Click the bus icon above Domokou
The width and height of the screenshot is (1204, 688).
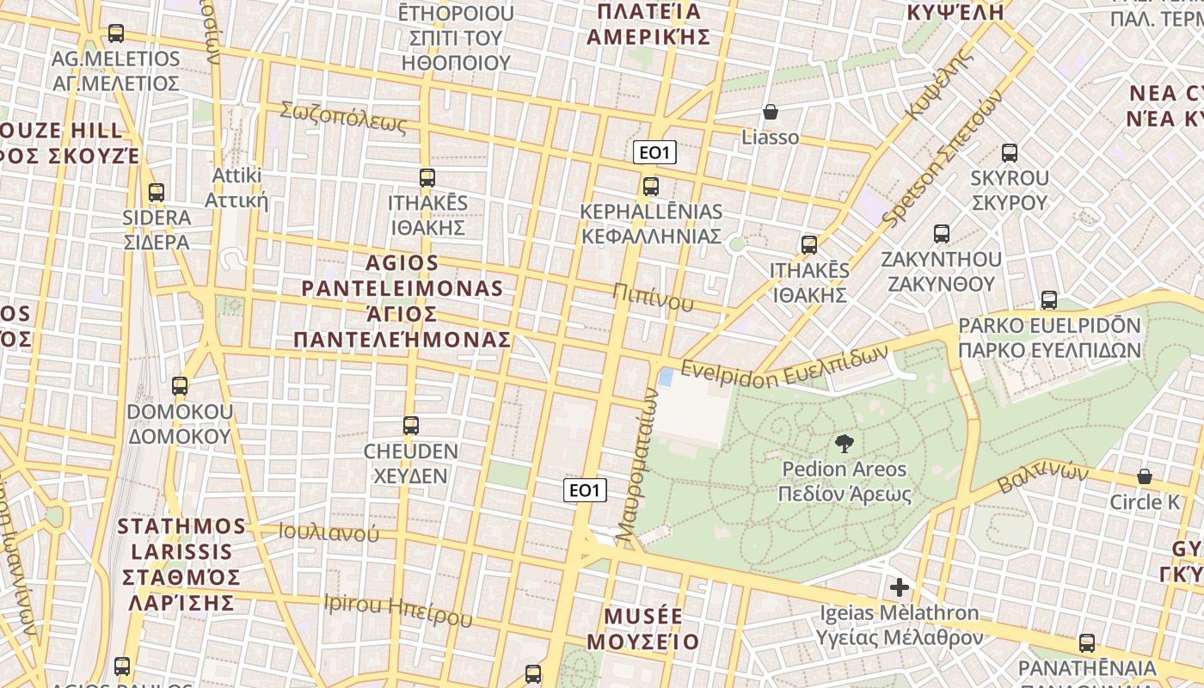(180, 386)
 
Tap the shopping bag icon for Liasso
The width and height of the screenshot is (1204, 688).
(771, 113)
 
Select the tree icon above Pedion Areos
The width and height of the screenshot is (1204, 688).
(845, 444)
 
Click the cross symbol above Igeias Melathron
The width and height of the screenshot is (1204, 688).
(900, 588)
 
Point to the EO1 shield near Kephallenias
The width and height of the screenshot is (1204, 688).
(654, 153)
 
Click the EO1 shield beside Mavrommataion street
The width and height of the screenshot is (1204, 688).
(585, 490)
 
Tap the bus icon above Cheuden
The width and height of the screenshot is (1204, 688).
(411, 426)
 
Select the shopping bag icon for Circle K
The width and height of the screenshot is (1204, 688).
(1145, 476)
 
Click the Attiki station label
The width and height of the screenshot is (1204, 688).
(236, 188)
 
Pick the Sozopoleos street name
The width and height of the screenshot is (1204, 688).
(343, 117)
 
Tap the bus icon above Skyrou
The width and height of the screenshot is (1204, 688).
(1010, 154)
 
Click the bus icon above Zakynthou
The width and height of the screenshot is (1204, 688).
(942, 234)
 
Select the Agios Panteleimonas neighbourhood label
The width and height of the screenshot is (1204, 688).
(402, 301)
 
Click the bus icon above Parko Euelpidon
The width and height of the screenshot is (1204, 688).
(1049, 300)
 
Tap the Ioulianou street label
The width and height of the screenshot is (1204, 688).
(329, 532)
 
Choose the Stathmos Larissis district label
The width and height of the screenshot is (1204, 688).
(181, 563)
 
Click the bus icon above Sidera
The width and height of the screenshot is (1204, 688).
(157, 193)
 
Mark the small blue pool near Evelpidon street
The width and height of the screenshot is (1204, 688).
(665, 377)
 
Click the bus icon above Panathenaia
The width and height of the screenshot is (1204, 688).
(1087, 643)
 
